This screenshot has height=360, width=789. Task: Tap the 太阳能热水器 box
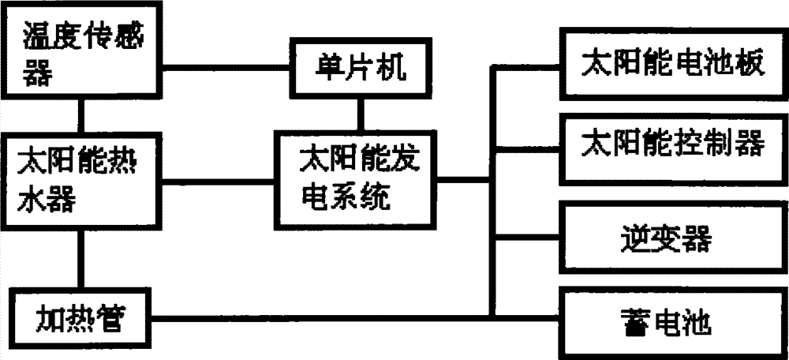click(x=79, y=180)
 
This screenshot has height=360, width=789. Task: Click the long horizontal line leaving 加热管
click(x=316, y=319)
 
